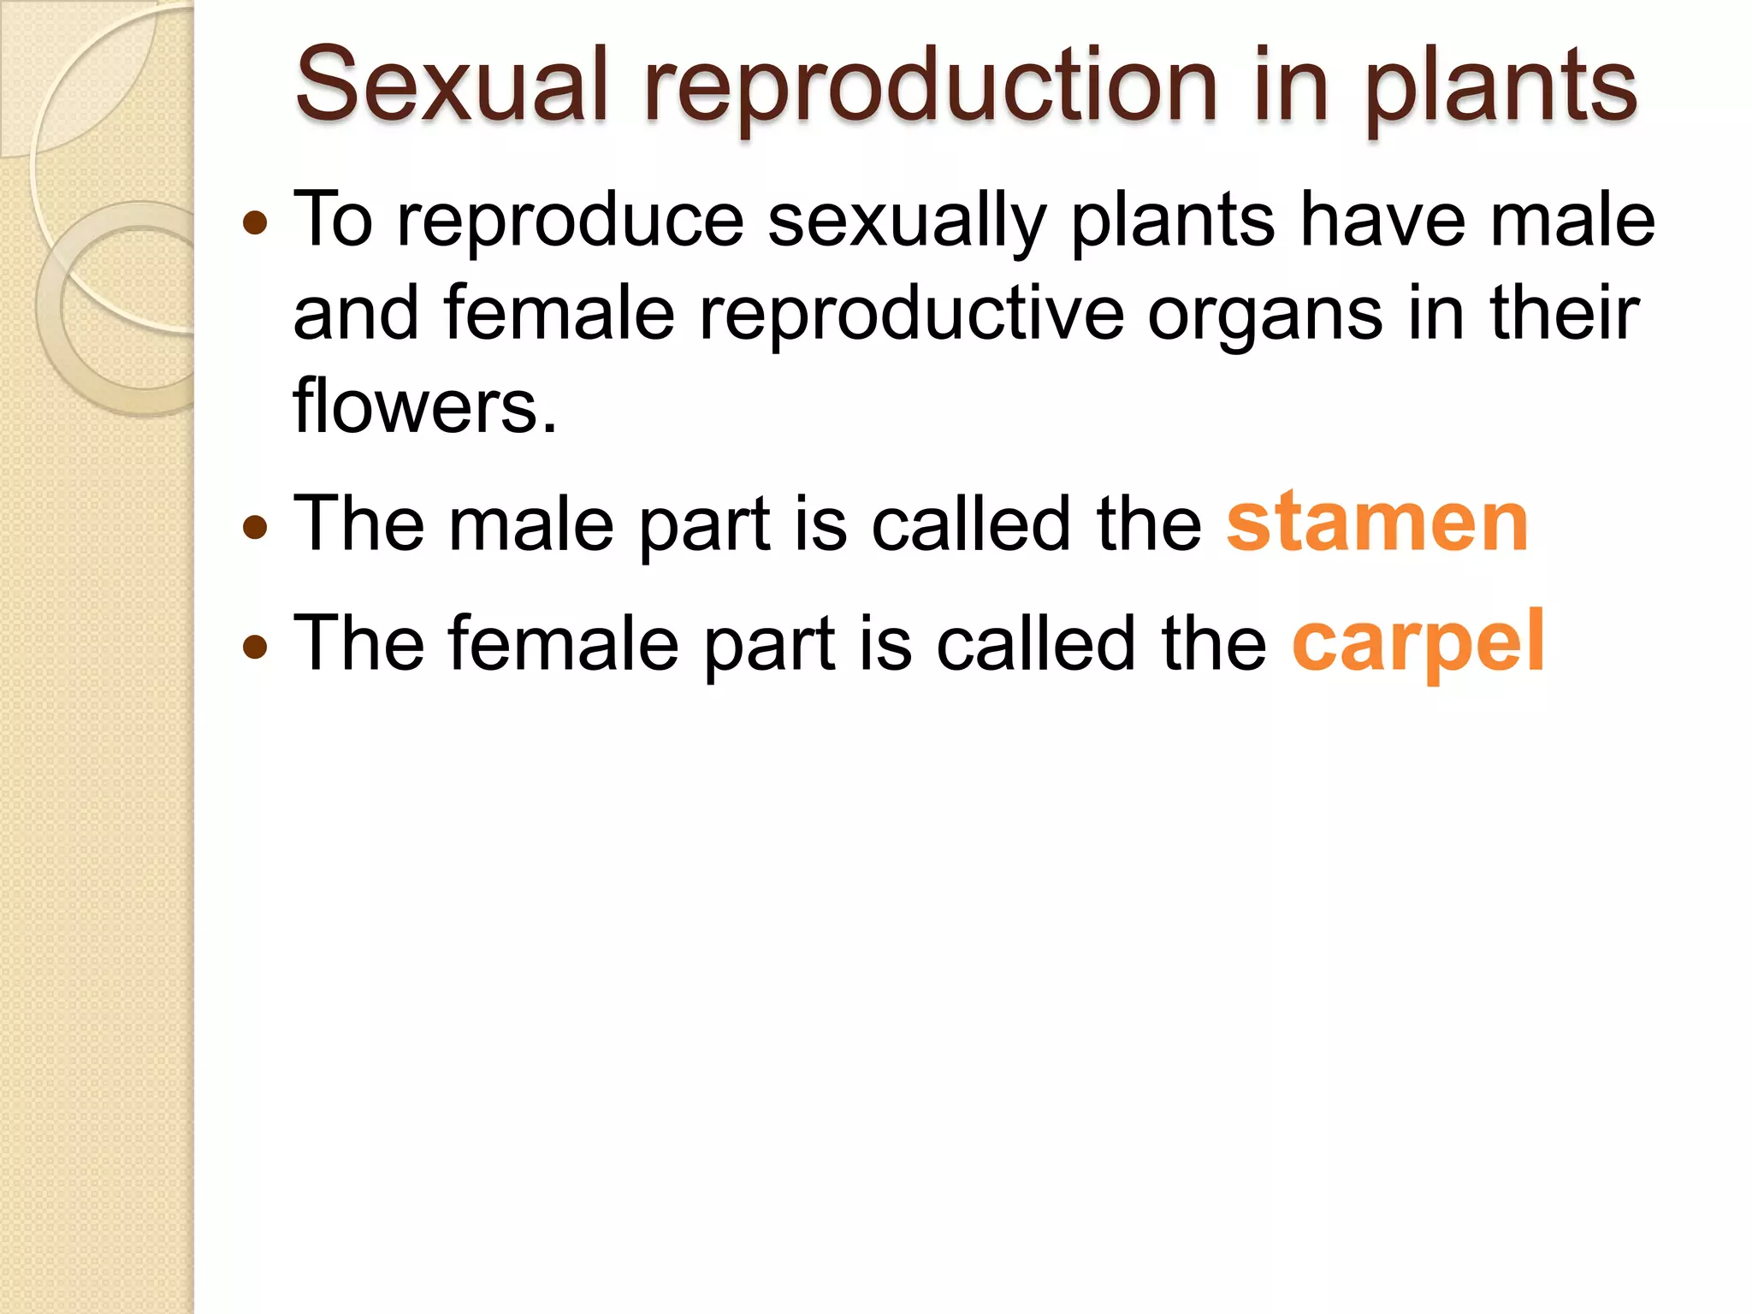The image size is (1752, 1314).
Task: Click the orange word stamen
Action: point(1376,523)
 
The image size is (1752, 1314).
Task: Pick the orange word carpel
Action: point(1418,644)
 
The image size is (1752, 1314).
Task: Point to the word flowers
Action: point(424,405)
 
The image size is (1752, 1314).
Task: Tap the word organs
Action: point(1264,315)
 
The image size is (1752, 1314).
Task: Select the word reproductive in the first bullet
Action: point(911,315)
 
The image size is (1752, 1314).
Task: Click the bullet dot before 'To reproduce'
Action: point(255,224)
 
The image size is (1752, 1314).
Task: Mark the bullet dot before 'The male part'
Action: point(255,526)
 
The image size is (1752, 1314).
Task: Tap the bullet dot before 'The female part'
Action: point(255,646)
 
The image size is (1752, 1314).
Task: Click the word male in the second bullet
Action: point(531,524)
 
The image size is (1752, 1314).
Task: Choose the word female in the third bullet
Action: point(563,644)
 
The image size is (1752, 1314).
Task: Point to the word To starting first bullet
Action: point(334,221)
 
